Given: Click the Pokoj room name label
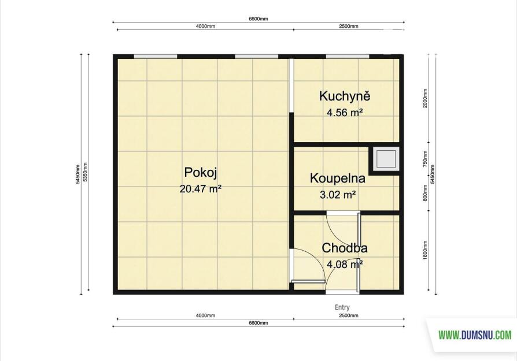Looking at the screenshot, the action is pyautogui.click(x=201, y=173).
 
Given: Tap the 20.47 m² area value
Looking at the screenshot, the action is pyautogui.click(x=201, y=189).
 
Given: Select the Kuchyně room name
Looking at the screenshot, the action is pyautogui.click(x=345, y=96).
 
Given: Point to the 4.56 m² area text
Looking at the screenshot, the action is pyautogui.click(x=345, y=113).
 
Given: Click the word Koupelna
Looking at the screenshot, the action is pyautogui.click(x=338, y=178).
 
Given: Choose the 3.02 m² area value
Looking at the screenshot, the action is pyautogui.click(x=338, y=195).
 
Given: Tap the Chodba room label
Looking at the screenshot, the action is pyautogui.click(x=345, y=248).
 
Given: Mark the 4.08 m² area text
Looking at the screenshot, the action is pyautogui.click(x=345, y=264).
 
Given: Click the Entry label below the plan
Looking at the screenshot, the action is pyautogui.click(x=342, y=307).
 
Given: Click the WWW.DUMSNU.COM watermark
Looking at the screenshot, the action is pyautogui.click(x=475, y=336).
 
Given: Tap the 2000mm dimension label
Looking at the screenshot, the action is pyautogui.click(x=425, y=98).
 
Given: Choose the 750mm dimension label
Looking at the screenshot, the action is pyautogui.click(x=425, y=159).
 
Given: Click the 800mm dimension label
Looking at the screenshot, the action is pyautogui.click(x=425, y=193).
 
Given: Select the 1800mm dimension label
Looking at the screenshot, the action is pyautogui.click(x=425, y=250).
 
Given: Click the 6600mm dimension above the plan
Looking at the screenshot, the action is pyautogui.click(x=258, y=19).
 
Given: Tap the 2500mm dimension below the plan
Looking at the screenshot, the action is pyautogui.click(x=349, y=315).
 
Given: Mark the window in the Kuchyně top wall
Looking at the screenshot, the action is pyautogui.click(x=348, y=57).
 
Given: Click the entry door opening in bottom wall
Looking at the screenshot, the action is pyautogui.click(x=342, y=292).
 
